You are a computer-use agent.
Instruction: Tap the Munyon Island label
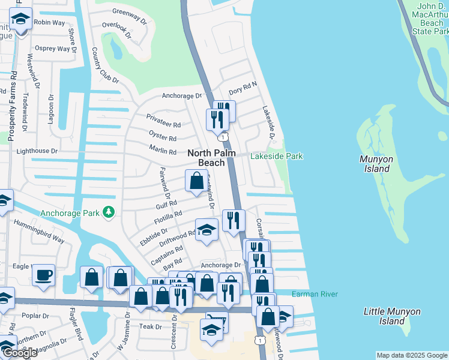coord(376,164)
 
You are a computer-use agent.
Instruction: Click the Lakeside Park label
coord(276,157)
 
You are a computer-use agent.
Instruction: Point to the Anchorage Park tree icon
coord(109,212)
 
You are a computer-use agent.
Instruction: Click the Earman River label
coord(315,294)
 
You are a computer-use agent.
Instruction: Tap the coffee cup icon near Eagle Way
coord(43,276)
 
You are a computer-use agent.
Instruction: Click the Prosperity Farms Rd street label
coord(11,108)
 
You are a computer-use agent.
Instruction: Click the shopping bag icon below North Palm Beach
coord(197,181)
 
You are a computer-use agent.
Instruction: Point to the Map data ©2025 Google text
coord(412,356)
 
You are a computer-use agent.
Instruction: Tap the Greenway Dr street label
coord(130,16)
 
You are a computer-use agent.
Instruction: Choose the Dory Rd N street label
coord(242,88)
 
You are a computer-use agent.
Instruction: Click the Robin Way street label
coord(49,22)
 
